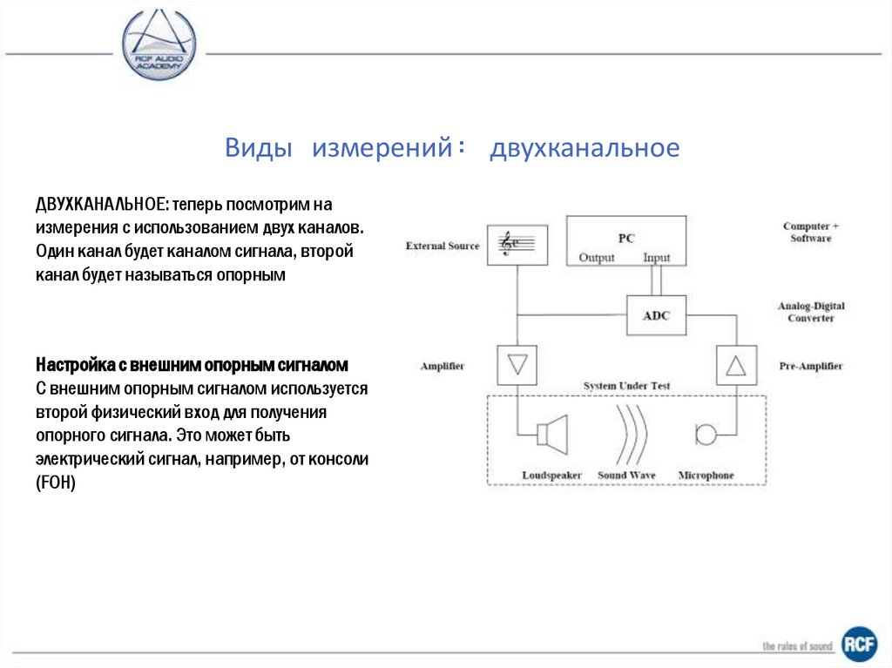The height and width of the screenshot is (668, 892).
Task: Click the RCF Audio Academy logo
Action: coord(159,44)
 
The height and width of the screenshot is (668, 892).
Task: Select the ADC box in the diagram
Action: coord(656,315)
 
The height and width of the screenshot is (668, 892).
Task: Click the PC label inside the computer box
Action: coord(626,238)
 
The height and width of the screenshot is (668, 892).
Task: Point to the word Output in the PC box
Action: coord(597,258)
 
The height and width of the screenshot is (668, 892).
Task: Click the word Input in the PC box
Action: coord(656,258)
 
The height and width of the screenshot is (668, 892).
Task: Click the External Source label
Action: coord(443,246)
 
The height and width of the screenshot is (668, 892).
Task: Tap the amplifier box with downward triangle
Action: coord(517,365)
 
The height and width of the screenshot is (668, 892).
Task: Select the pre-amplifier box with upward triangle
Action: coord(735,365)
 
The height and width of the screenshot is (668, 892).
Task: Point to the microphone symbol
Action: coord(706,433)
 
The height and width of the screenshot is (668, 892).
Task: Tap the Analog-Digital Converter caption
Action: coord(811,312)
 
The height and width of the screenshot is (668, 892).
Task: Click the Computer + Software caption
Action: coord(811,233)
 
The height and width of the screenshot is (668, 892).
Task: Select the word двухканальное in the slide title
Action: coord(584,148)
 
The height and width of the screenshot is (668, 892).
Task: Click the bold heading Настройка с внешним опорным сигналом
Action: coord(192,363)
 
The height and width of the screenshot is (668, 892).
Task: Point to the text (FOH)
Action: coord(57,482)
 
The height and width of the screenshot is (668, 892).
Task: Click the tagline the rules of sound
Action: coord(797,646)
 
